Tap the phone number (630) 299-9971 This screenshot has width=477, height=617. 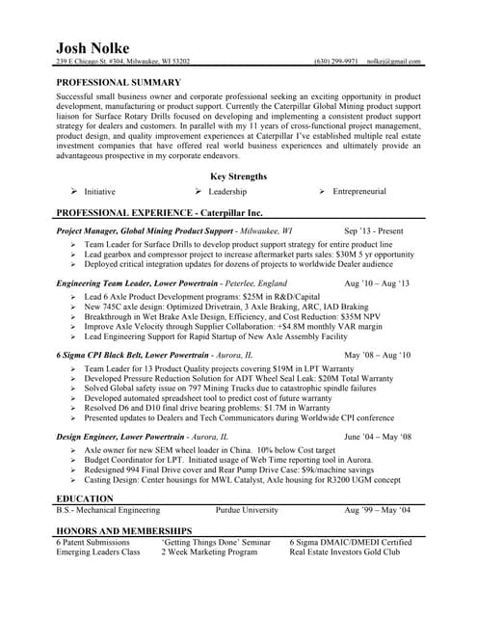point(335,62)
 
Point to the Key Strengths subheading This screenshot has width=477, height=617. point(238,176)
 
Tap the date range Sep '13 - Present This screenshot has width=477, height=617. point(374,232)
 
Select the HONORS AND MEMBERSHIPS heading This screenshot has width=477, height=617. point(124,530)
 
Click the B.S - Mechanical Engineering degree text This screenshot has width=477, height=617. point(107,511)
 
